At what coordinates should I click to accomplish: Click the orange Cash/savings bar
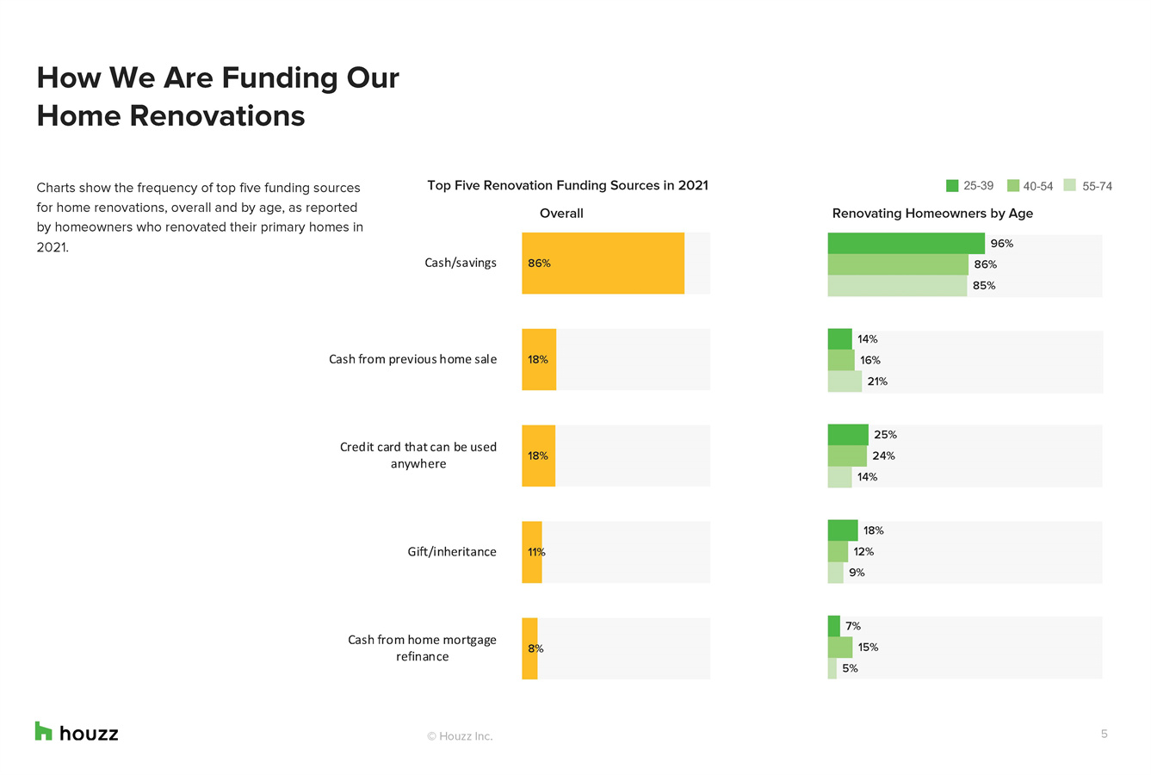point(603,263)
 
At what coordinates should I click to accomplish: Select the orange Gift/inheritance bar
point(532,552)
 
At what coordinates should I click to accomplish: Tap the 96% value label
point(1001,244)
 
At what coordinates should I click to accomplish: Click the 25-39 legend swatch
point(952,186)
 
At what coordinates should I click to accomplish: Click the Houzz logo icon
point(44,731)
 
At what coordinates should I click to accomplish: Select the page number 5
point(1104,734)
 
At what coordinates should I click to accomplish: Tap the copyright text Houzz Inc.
point(461,736)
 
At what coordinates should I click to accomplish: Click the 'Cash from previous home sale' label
point(412,359)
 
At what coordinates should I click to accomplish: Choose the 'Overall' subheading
point(561,214)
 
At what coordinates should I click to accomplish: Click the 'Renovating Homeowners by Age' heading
point(932,214)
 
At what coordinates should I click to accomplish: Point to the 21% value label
point(877,381)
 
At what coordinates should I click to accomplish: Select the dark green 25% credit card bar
point(848,435)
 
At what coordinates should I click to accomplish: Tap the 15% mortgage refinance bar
point(840,648)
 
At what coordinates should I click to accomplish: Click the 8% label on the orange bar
point(535,648)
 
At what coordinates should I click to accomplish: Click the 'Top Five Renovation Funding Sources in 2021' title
point(567,186)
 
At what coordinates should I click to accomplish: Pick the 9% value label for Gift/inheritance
point(857,573)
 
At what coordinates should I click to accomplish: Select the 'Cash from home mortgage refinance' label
point(422,648)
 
